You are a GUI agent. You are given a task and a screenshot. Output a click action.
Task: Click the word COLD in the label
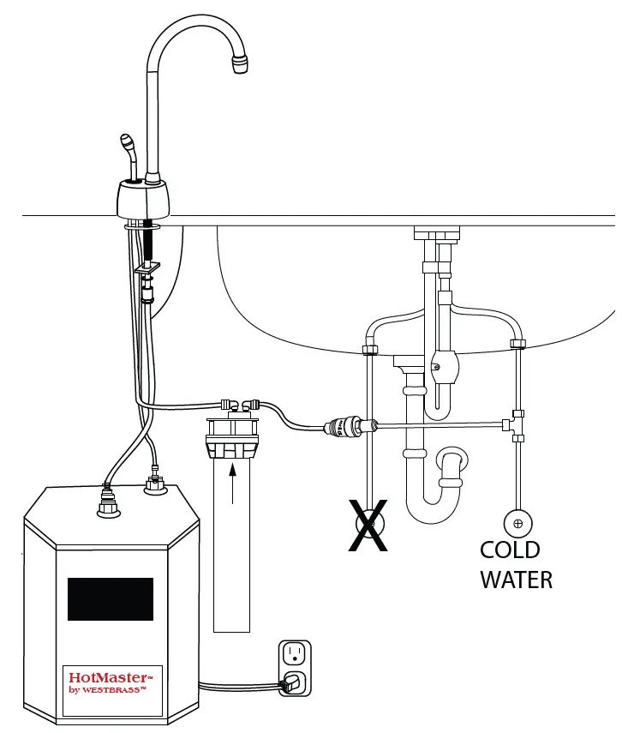509,550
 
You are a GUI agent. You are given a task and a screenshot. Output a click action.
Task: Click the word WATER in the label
516,580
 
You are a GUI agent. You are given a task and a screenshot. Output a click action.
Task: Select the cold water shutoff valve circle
517,522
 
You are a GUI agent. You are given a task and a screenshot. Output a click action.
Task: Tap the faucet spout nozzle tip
239,63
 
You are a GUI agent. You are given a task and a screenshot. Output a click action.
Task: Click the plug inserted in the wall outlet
291,683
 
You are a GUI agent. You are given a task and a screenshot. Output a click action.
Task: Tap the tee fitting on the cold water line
517,423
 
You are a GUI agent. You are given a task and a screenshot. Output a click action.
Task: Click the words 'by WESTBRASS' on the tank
107,690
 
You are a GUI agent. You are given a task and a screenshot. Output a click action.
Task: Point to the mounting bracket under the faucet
147,270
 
